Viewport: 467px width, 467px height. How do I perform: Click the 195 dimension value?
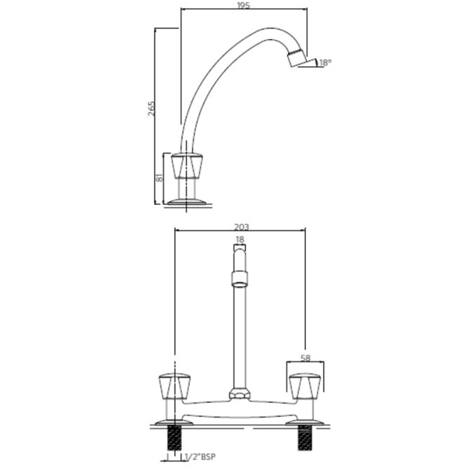click(243, 5)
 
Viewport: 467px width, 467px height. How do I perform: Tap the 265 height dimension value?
click(152, 109)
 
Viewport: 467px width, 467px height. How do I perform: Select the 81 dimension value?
click(159, 178)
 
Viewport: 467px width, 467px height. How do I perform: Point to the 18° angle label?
click(325, 63)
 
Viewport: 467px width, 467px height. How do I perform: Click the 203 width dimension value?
click(242, 227)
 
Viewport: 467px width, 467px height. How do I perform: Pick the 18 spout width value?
click(240, 239)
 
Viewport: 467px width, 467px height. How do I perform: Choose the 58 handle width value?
click(305, 357)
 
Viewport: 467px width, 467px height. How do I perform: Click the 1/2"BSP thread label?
click(200, 456)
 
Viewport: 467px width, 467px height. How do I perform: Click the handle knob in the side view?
click(187, 166)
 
